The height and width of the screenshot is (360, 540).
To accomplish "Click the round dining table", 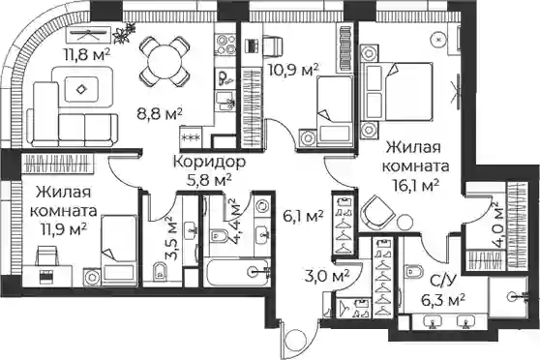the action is tap(165, 62).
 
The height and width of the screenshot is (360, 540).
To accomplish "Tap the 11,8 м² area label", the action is tap(86, 54).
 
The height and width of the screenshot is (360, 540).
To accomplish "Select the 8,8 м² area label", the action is tap(160, 113).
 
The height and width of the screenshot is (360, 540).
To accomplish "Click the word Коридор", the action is tap(209, 162).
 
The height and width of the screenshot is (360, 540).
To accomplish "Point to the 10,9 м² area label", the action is tap(292, 70).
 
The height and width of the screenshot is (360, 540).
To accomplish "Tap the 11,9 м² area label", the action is tap(63, 229).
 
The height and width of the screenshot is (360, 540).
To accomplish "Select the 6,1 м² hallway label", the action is tap(303, 217).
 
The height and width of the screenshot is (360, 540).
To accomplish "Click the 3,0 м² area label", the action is tap(327, 276).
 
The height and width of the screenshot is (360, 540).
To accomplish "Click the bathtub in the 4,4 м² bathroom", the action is tap(236, 272).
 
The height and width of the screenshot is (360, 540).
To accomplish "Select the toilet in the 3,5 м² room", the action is tap(159, 271).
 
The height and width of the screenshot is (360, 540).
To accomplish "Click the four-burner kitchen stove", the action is tap(225, 45).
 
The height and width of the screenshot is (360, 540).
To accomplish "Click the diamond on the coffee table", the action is tap(81, 89).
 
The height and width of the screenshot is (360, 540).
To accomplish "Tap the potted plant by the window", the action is tap(125, 33).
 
